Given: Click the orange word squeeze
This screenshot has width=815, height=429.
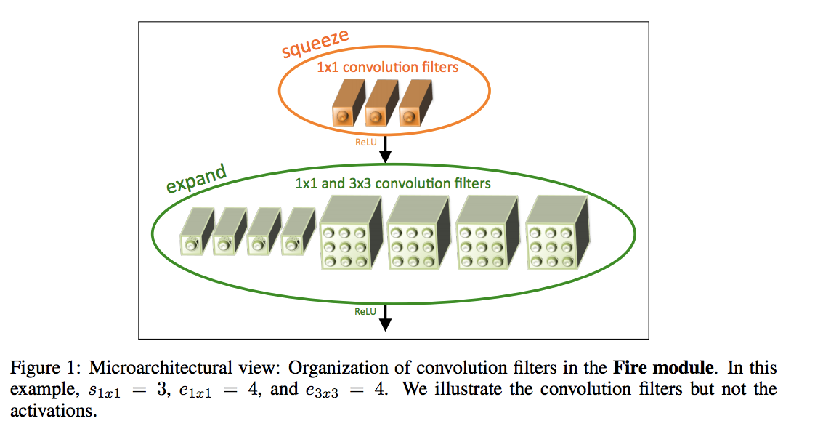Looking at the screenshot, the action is (x=315, y=44).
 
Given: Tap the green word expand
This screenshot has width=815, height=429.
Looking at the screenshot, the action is (x=196, y=178).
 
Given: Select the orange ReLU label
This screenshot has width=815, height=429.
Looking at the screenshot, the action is (x=366, y=142).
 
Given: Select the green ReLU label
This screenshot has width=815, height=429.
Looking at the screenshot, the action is (x=365, y=311).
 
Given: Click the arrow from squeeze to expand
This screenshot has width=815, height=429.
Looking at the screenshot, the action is (x=385, y=150).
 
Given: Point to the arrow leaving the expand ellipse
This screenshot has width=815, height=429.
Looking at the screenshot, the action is (x=385, y=318).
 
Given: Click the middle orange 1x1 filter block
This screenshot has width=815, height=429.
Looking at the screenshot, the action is (x=381, y=103).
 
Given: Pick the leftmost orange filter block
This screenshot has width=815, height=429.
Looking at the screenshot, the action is (x=348, y=103).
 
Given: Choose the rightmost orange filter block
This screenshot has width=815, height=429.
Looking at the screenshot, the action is (x=415, y=103).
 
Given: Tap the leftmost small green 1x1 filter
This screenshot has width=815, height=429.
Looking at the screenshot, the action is (x=197, y=231).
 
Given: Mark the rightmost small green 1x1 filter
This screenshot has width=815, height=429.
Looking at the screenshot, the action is (x=299, y=231).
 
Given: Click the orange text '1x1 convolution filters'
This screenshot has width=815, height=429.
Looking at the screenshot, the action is (x=388, y=67).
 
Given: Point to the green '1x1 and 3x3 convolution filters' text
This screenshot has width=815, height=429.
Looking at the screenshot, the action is (x=393, y=183).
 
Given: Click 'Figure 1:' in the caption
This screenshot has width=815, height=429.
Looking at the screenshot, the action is (x=46, y=368).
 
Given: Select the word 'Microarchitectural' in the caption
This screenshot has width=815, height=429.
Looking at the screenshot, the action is (x=160, y=368).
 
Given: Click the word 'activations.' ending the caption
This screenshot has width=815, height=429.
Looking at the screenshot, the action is (x=54, y=411).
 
